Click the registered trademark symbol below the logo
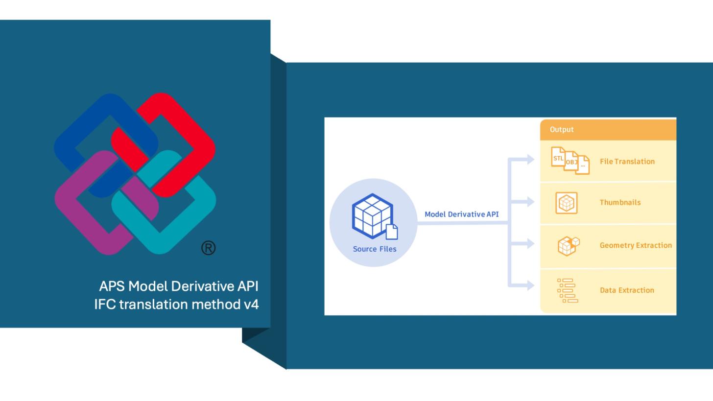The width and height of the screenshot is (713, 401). [208, 248]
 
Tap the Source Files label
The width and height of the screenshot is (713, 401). [375, 249]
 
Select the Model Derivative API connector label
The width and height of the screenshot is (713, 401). [461, 214]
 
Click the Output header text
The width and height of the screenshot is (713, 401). [561, 129]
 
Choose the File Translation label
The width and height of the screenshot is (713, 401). [627, 161]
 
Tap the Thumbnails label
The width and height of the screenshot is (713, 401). [620, 202]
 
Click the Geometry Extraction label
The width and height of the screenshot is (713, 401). [636, 245]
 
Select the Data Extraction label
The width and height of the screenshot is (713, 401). [627, 290]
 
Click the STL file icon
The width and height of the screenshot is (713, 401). [558, 157]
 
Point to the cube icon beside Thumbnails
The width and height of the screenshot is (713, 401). [566, 203]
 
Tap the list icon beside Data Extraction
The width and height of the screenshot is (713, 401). [567, 290]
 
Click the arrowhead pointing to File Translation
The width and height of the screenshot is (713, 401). [530, 159]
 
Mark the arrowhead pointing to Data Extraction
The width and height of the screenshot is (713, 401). [530, 285]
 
